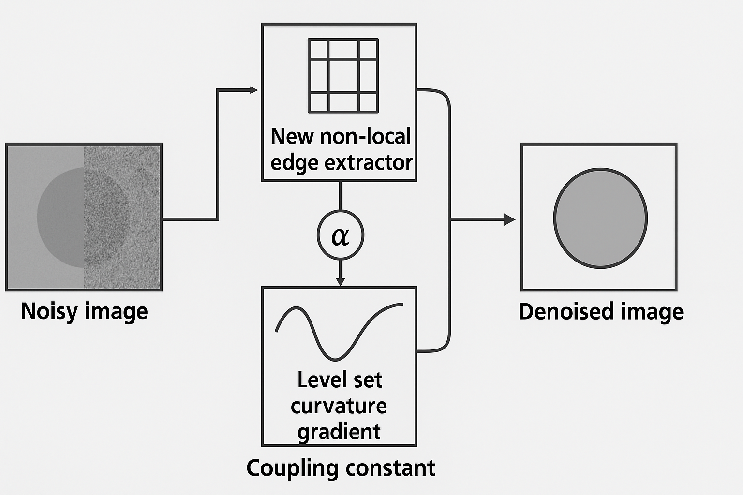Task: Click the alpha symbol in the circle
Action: coord(341,236)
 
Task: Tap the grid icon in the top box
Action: coord(343,76)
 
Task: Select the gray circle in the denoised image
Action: coord(600,218)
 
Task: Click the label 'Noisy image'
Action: coord(84,311)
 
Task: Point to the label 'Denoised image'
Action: coord(601,312)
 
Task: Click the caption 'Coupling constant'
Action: coord(341,468)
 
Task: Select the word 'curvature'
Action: coord(339,406)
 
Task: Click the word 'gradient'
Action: coord(339,432)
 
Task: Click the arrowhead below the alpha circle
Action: coord(341,281)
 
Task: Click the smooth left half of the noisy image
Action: coord(45,218)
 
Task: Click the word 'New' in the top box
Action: coord(286,136)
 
